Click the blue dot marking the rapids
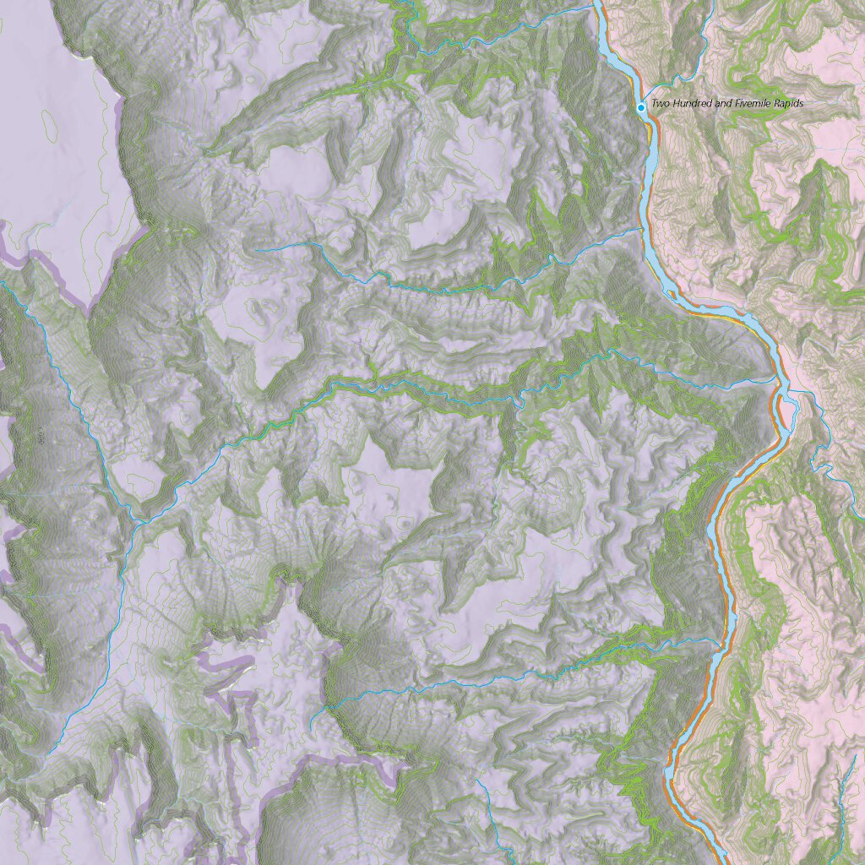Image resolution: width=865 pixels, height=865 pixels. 641,107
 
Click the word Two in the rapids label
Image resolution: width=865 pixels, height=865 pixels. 659,104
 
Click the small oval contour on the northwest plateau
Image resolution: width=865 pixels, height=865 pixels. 50,127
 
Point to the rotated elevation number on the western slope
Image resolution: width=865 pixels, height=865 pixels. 40,436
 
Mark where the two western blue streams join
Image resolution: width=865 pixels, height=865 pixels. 135,524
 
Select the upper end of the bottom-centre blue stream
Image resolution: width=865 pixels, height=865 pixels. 478,781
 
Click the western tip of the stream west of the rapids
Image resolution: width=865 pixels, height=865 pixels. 258,250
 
